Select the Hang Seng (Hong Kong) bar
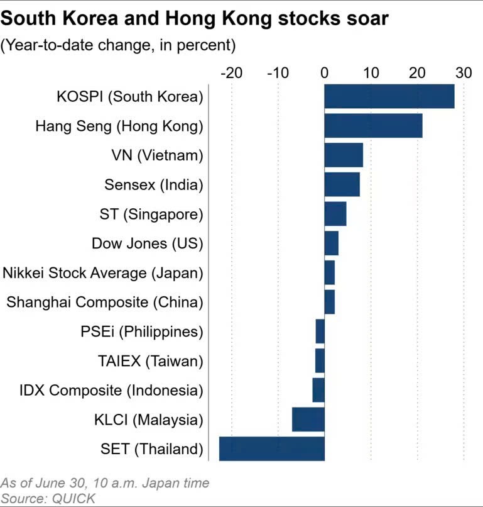point(373,126)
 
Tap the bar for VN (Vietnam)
point(344,155)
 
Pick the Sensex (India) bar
point(342,184)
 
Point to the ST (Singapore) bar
point(335,213)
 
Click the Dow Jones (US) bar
point(331,243)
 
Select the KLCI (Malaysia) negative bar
point(308,419)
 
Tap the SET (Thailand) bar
point(271,448)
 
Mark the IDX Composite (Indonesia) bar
point(318,390)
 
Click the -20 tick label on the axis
point(231,73)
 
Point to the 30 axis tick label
point(464,73)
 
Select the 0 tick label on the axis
point(325,73)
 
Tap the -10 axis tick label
point(278,73)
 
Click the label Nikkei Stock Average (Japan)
point(104,272)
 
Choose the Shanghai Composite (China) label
point(105,302)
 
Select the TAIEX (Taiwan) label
point(151,360)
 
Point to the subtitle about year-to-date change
point(118,45)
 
